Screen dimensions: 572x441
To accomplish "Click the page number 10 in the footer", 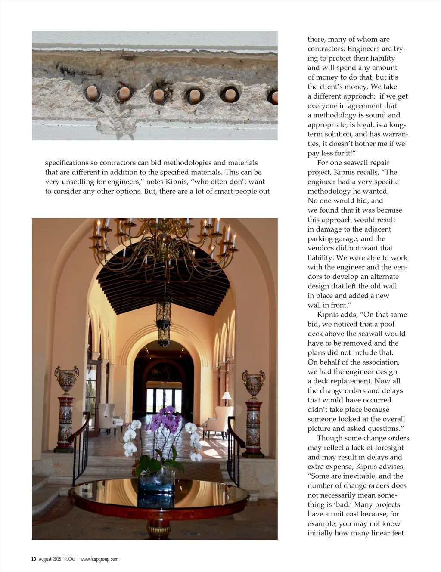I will point(34,559).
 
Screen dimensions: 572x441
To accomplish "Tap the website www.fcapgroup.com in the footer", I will point(99,559).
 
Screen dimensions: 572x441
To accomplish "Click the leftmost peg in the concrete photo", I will point(92,92).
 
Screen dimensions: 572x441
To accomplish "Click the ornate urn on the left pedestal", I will point(66,379).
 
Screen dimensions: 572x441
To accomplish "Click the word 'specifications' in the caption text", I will point(67,163).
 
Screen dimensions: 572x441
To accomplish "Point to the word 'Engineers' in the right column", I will point(364,49).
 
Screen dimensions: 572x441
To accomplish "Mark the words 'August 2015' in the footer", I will point(50,559).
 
